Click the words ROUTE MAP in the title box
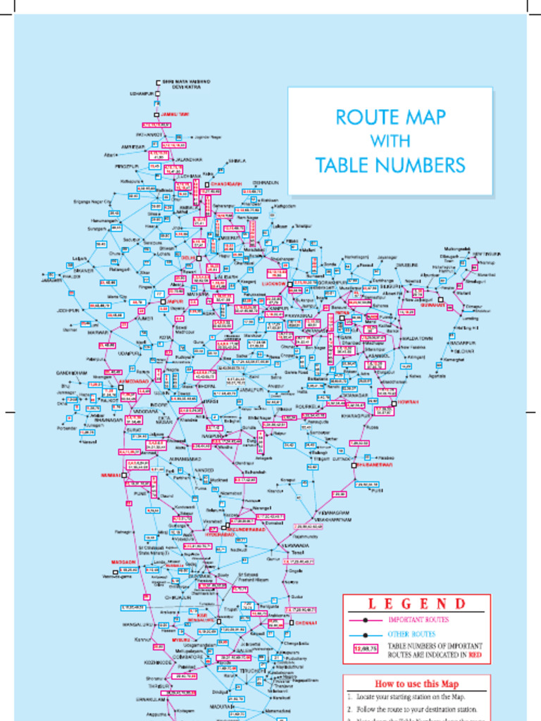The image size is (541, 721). [390, 117]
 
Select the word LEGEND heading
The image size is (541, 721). [417, 603]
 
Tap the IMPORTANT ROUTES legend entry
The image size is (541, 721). [418, 620]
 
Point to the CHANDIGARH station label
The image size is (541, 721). [226, 184]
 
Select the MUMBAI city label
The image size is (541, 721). [111, 475]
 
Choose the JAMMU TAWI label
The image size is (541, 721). [175, 114]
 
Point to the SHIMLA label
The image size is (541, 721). [237, 161]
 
